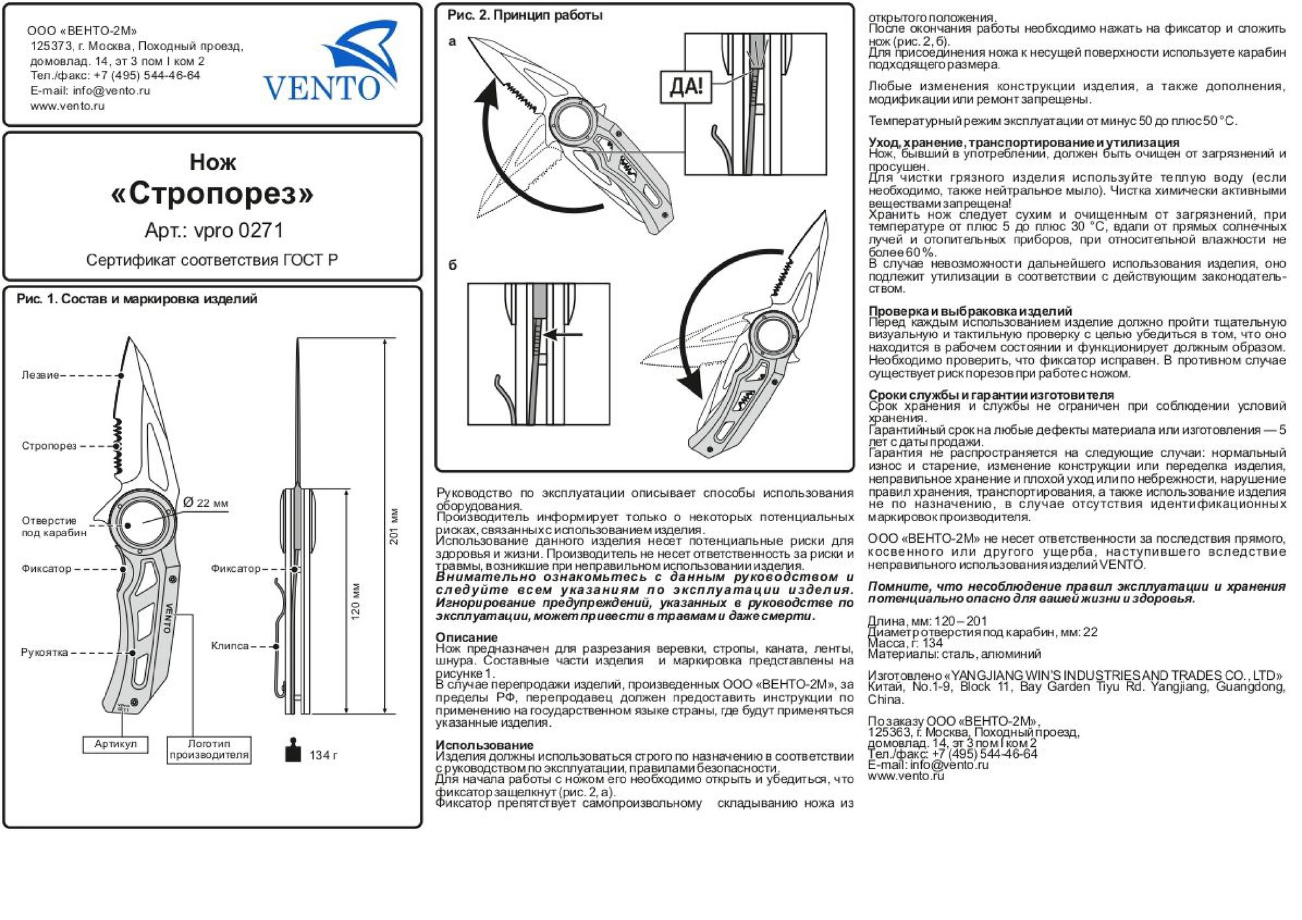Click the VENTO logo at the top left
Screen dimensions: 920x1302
pyautogui.click(x=331, y=65)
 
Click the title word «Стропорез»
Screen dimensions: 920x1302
pyautogui.click(x=212, y=193)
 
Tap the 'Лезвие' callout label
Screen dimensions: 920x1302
pyautogui.click(x=40, y=375)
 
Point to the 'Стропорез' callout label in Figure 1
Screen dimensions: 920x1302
pyautogui.click(x=49, y=446)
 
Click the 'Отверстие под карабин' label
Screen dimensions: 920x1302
pyautogui.click(x=53, y=526)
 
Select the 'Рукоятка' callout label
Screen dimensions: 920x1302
pyautogui.click(x=44, y=652)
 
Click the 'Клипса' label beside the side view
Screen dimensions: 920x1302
pyautogui.click(x=229, y=645)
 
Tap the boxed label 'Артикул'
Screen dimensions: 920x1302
pyautogui.click(x=115, y=744)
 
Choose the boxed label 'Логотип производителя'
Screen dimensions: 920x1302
pyautogui.click(x=209, y=749)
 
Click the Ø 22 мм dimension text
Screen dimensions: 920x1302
pyautogui.click(x=206, y=503)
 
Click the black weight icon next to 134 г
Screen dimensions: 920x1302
pyautogui.click(x=293, y=750)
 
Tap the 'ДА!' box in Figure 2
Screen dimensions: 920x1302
pyautogui.click(x=686, y=87)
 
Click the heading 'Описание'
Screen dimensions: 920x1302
pyautogui.click(x=466, y=637)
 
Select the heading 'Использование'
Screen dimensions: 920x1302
pyautogui.click(x=484, y=745)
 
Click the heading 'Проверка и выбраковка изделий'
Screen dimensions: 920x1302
pyautogui.click(x=970, y=311)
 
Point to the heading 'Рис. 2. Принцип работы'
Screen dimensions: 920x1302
pyautogui.click(x=525, y=15)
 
